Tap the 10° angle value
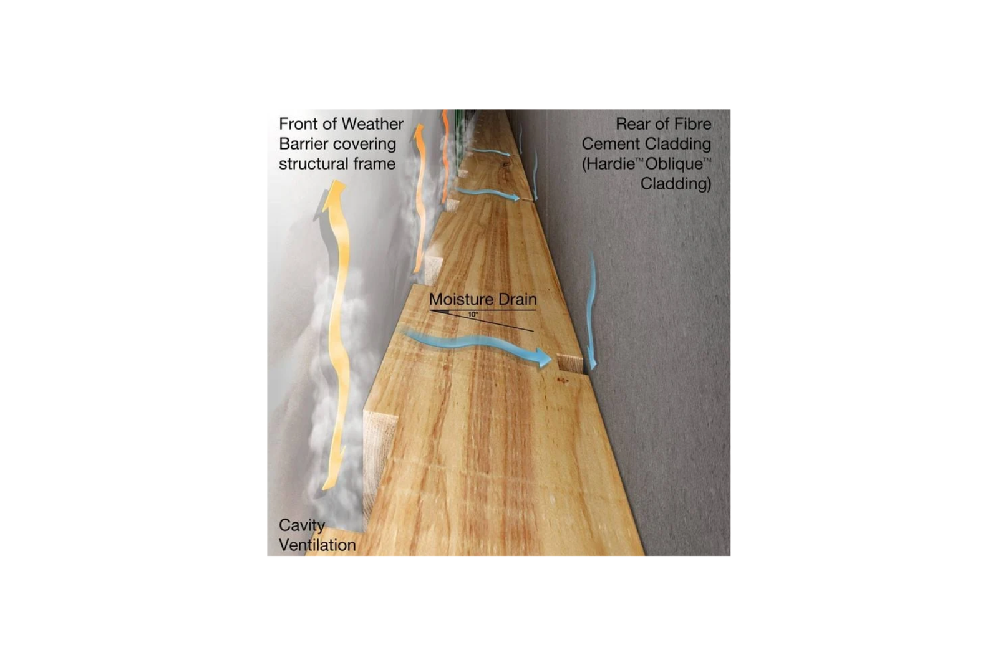(473, 315)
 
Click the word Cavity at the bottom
(302, 525)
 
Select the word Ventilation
(317, 545)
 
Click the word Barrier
(302, 144)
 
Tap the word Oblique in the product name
(674, 165)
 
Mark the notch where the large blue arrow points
(570, 363)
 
